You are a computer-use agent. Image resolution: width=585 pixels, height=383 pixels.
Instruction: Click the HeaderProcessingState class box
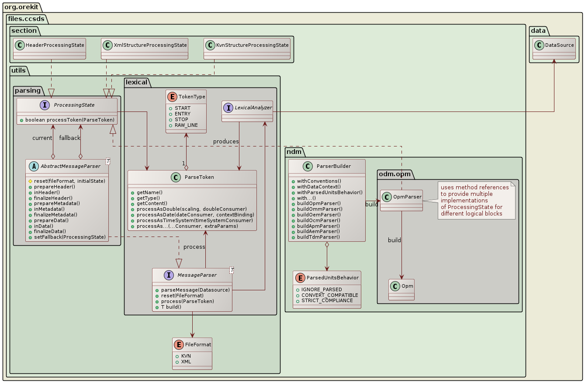[x=49, y=49]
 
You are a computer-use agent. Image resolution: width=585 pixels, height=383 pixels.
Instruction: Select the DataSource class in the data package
[x=554, y=49]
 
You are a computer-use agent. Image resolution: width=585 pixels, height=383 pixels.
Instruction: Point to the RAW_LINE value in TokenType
[x=186, y=125]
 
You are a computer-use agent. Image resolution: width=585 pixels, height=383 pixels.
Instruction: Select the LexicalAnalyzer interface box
[x=248, y=111]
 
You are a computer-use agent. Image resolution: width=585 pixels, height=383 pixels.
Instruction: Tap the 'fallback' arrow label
[x=70, y=138]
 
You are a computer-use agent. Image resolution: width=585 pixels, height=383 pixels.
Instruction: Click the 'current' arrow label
[x=42, y=138]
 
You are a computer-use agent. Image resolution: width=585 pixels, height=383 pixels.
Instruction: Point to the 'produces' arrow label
[x=226, y=142]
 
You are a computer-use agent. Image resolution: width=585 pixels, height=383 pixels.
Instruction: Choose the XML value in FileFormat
[x=186, y=362]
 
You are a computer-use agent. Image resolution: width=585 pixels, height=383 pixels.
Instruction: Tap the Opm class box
[x=401, y=289]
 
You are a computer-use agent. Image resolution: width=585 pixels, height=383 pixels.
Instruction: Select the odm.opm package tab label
[x=396, y=174]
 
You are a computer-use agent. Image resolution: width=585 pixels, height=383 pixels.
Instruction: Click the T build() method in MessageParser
[x=167, y=306]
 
